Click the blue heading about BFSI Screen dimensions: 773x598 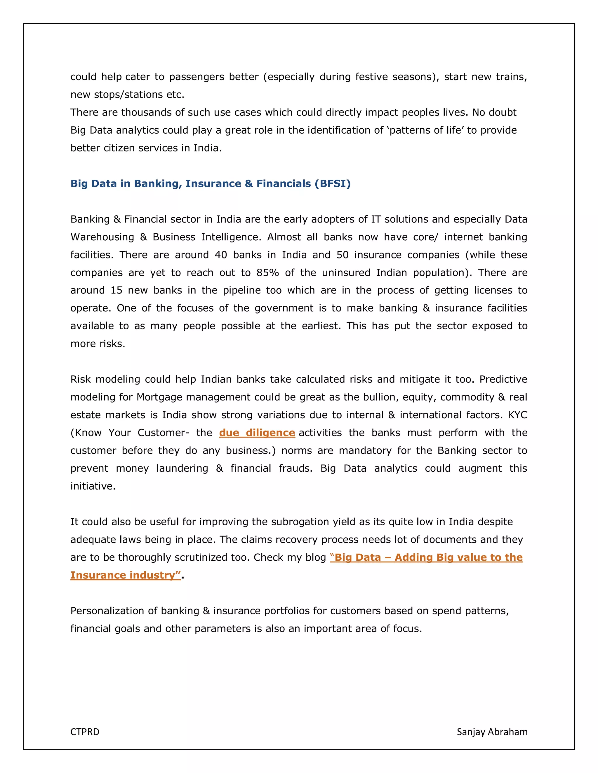211,183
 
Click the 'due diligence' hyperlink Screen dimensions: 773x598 257,433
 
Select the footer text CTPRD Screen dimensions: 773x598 85,732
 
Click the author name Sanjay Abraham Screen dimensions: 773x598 492,732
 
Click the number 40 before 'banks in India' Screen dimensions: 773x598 221,255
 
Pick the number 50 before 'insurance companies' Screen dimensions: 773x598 342,255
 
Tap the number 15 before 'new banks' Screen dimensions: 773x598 116,290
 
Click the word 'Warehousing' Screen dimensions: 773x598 102,237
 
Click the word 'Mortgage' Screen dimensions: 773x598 160,397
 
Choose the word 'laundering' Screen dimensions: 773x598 182,468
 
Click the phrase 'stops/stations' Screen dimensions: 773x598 125,95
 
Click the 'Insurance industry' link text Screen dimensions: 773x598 125,575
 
